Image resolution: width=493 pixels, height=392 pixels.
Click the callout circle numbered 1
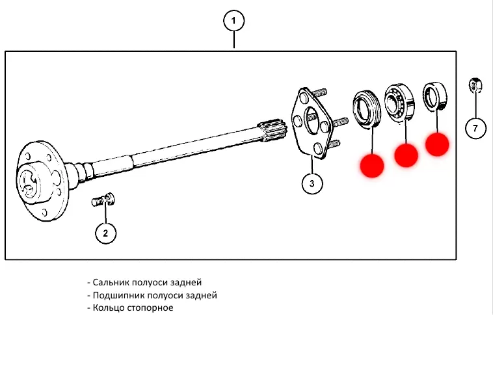[x=234, y=21]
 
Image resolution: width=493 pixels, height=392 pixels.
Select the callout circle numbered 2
[x=106, y=232]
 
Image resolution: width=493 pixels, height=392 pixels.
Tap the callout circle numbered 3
[x=312, y=184]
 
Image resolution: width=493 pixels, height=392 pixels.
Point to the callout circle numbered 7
[x=475, y=128]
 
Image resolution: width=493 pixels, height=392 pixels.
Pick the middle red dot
[x=406, y=155]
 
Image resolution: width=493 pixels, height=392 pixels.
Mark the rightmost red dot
[x=437, y=144]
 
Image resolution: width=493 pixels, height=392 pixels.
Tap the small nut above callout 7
[x=475, y=85]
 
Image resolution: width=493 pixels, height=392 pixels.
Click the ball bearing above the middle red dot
[x=399, y=101]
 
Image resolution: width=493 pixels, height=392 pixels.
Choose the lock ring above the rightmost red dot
[x=433, y=96]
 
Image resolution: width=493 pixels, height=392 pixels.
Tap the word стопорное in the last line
[x=151, y=307]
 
